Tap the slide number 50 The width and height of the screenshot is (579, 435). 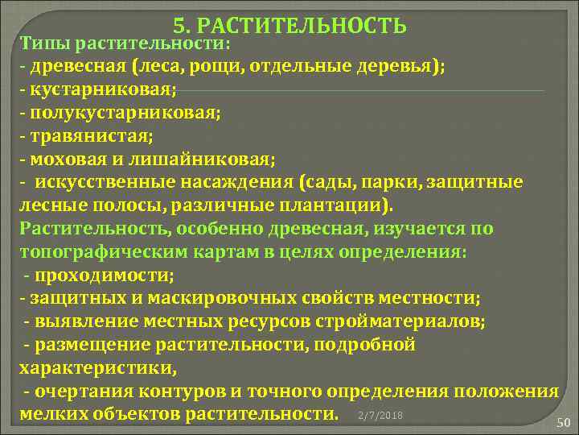tap(563, 425)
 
